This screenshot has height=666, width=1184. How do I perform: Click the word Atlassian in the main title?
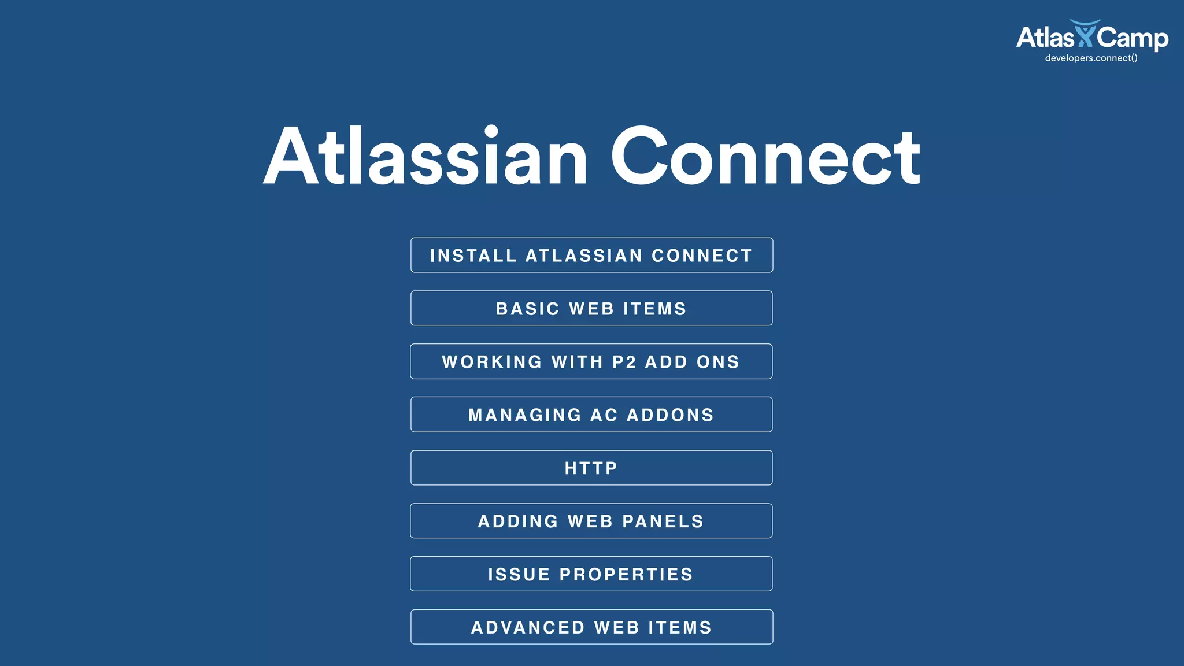point(425,156)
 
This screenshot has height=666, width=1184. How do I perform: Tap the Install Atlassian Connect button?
point(591,255)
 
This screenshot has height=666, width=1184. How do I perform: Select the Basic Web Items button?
point(591,308)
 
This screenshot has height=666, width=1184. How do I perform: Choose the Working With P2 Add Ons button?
point(591,361)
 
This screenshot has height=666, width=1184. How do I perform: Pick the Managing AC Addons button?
point(591,415)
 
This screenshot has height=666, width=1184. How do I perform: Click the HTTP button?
point(591,468)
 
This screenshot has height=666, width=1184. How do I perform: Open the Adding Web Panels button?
point(591,521)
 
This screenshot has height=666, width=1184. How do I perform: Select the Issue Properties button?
point(591,574)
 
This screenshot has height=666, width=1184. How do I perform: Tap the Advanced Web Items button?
point(591,627)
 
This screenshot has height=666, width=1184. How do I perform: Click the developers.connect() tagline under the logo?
point(1091,58)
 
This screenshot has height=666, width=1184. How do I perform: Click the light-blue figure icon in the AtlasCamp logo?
point(1085,34)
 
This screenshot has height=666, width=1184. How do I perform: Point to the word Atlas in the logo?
point(1045,38)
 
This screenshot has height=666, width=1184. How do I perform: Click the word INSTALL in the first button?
point(473,256)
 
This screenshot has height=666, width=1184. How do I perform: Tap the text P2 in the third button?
point(624,362)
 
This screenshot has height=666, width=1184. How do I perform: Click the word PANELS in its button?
point(663,521)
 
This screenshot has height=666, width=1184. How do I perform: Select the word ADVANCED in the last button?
point(528,628)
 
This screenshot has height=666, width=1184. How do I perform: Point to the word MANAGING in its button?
point(525,415)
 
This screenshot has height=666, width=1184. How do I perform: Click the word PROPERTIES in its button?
point(626,575)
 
